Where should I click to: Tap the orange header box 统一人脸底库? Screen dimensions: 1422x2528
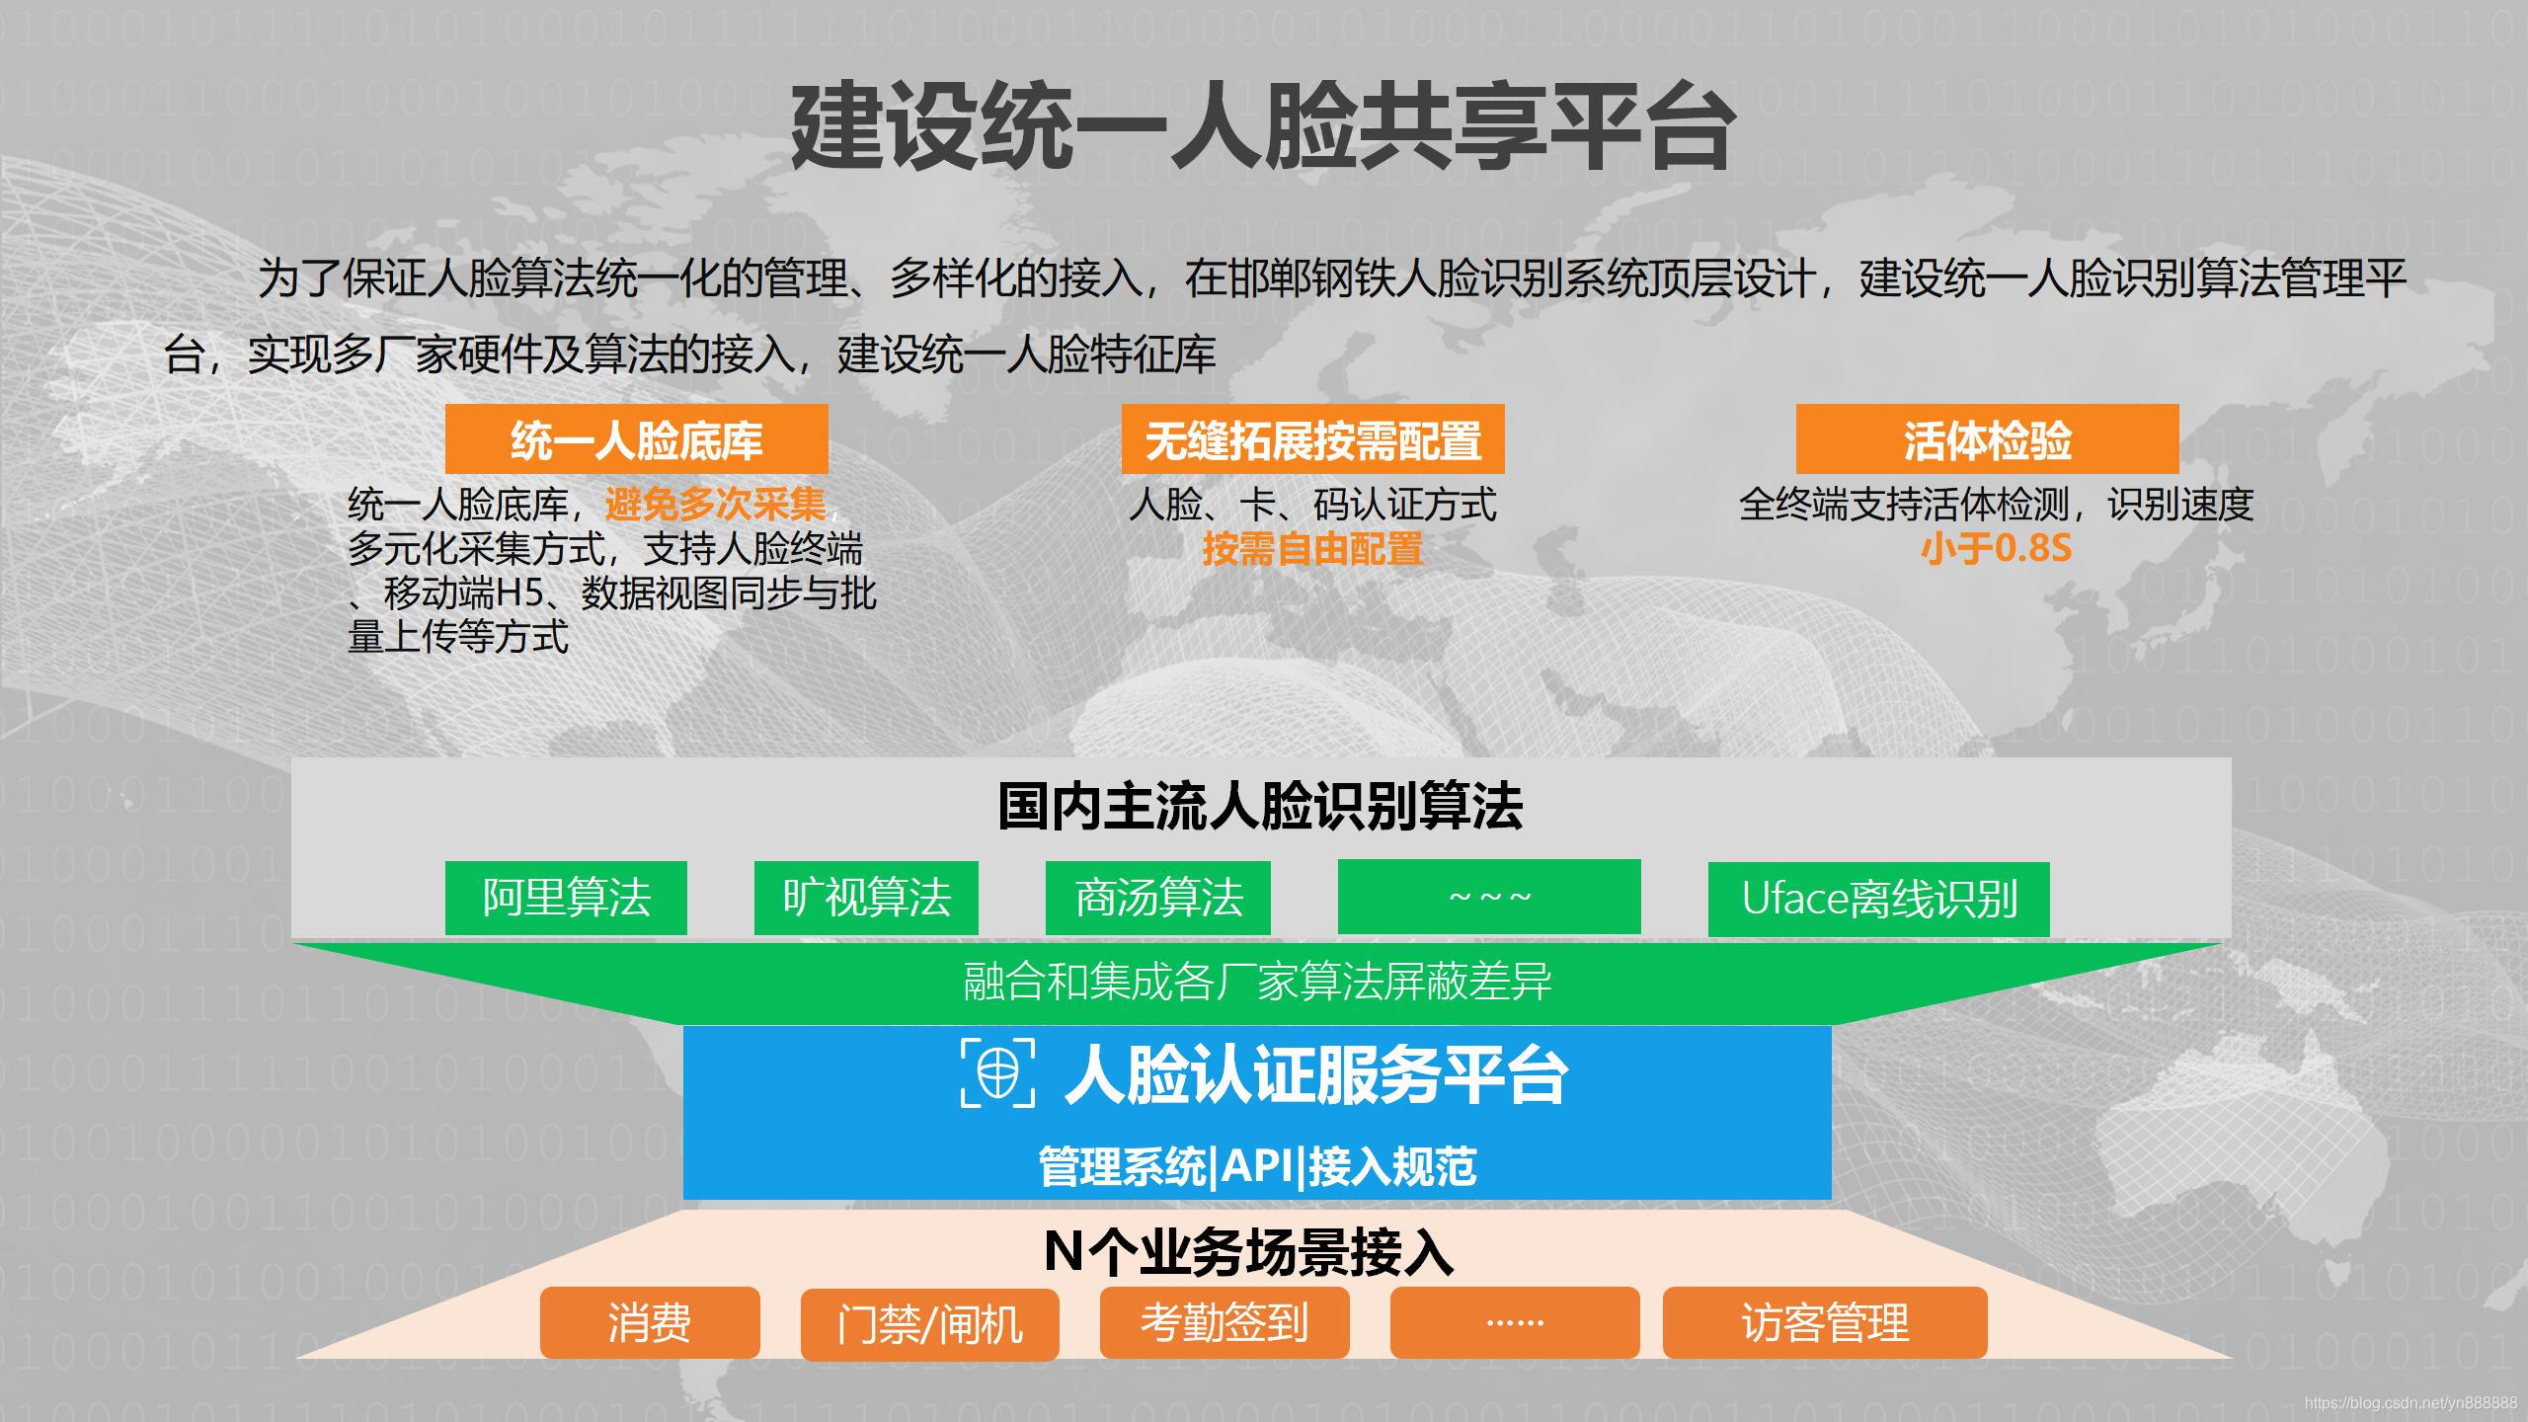point(636,439)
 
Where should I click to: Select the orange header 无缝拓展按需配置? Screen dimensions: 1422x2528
point(1312,439)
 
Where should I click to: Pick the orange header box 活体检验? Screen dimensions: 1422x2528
point(1987,439)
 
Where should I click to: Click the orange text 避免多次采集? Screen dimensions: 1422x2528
point(715,505)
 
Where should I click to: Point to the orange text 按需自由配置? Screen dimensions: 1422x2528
point(1312,549)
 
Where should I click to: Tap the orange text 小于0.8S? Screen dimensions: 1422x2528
point(1995,549)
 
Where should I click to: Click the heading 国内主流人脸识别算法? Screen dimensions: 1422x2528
point(1260,806)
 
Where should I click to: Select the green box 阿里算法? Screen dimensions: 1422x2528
point(566,898)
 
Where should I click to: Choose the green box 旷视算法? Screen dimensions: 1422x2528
point(866,898)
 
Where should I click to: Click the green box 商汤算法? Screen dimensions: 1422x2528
point(1157,898)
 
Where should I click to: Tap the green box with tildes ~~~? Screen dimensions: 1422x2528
point(1489,897)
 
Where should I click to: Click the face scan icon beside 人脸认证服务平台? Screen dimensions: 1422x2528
point(998,1071)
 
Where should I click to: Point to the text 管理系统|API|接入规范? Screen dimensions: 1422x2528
point(1257,1166)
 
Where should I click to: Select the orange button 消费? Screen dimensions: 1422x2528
point(650,1322)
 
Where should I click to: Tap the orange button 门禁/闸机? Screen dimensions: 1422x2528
point(929,1324)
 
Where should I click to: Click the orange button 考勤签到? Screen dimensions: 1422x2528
point(1224,1322)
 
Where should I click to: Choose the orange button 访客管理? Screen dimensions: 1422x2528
point(1825,1322)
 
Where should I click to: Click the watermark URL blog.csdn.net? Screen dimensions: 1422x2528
point(2409,1403)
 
